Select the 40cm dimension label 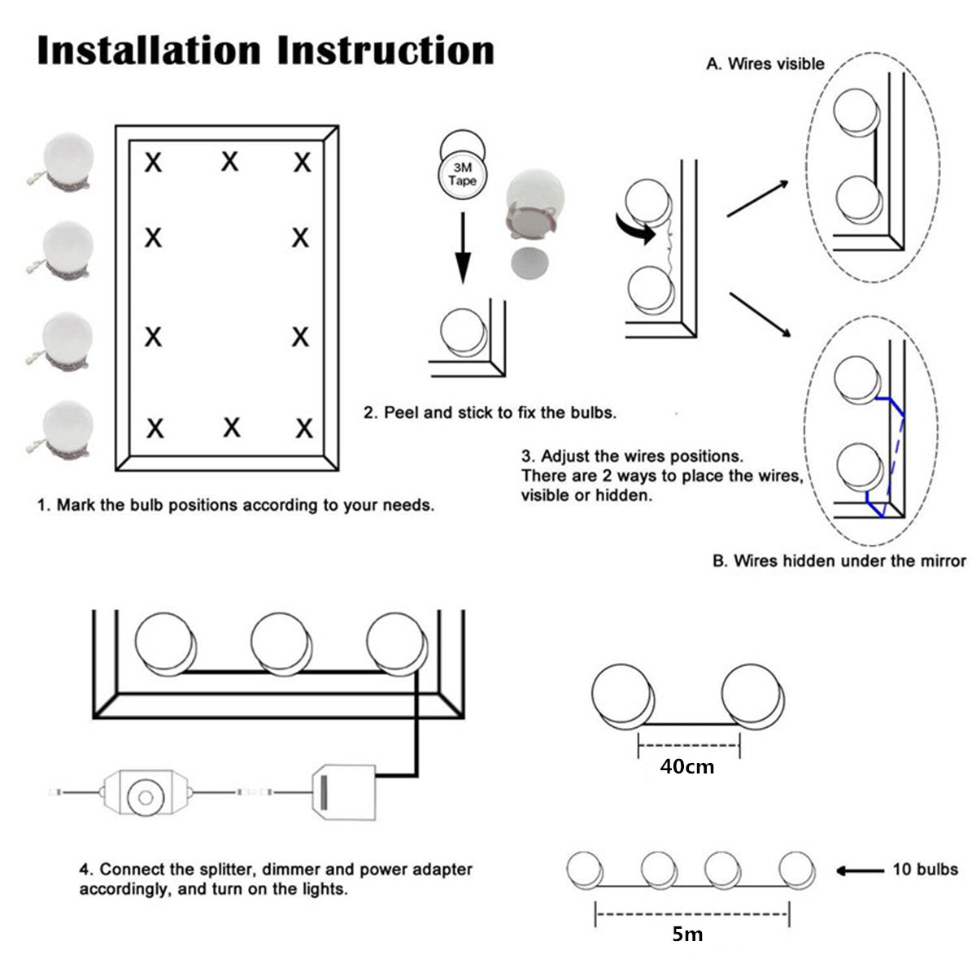[687, 765]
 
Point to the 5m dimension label [687, 934]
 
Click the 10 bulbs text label [926, 869]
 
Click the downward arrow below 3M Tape [463, 247]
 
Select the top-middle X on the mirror [230, 161]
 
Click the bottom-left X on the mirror [154, 427]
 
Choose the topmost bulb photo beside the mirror [68, 160]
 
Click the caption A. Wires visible [765, 63]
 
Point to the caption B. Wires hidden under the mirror [839, 560]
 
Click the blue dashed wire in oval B [895, 455]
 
